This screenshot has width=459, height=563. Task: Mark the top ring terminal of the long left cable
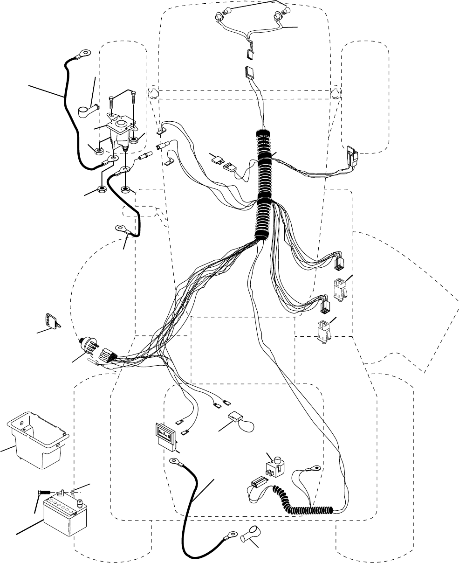tap(85, 54)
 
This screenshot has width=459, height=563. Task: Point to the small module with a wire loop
tap(239, 418)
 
